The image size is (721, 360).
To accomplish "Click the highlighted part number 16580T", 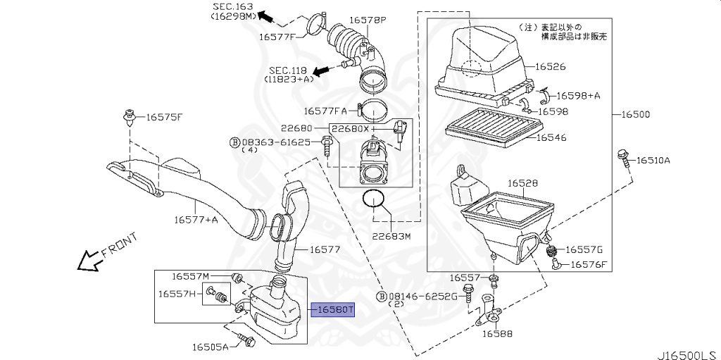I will click(x=334, y=309).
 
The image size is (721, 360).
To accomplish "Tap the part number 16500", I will click(x=635, y=114).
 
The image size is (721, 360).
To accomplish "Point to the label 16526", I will click(x=551, y=67).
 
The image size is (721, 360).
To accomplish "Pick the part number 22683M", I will click(x=391, y=236).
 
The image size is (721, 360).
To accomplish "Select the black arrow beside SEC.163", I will click(x=267, y=15).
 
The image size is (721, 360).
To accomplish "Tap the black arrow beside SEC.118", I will click(x=321, y=71).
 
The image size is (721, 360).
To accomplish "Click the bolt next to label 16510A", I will click(x=622, y=158).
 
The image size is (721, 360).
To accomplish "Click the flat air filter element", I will click(x=493, y=127).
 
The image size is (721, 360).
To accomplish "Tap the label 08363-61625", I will click(x=275, y=142).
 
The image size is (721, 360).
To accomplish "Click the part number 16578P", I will click(x=369, y=20).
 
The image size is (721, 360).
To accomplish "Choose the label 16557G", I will click(x=584, y=249).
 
